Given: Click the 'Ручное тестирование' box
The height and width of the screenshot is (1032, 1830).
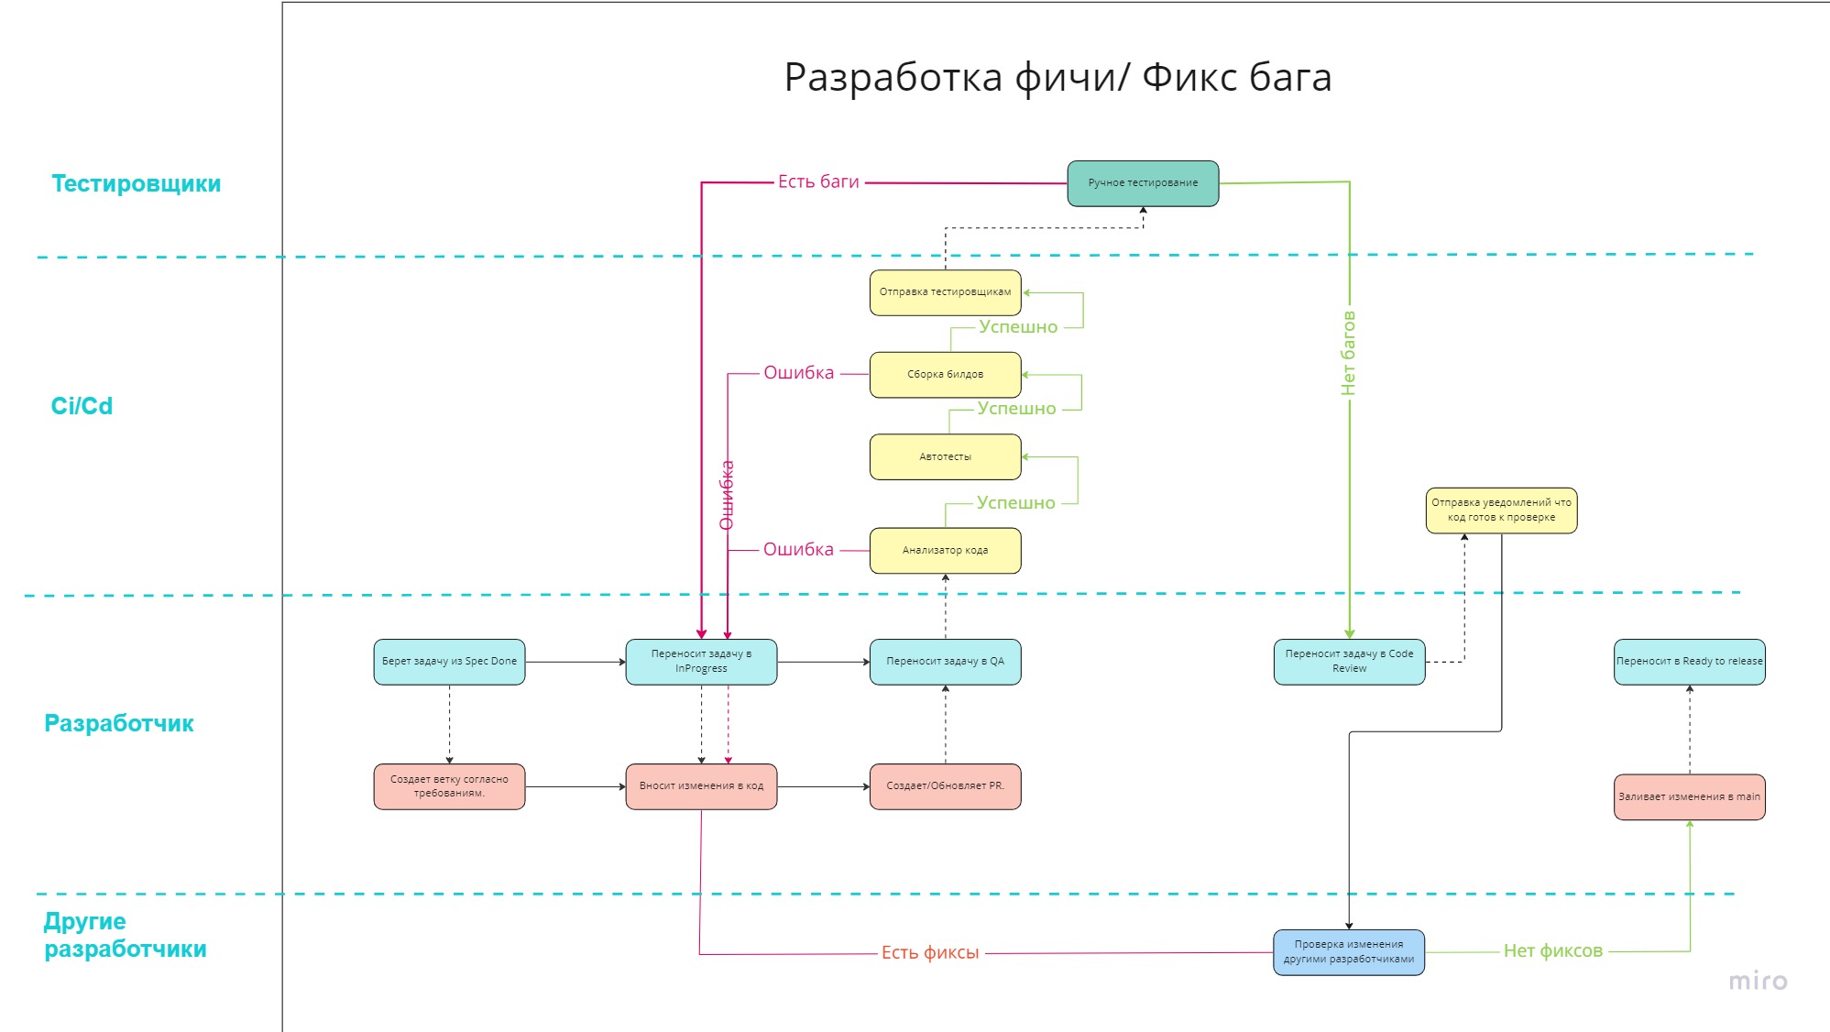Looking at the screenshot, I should [1143, 183].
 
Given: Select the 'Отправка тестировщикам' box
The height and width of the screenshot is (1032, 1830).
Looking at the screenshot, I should [945, 292].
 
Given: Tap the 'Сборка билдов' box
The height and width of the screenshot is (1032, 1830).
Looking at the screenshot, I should [945, 375].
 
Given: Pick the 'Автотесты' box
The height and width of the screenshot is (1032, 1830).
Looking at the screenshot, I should [945, 456].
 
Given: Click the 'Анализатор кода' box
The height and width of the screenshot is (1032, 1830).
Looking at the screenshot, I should [945, 551].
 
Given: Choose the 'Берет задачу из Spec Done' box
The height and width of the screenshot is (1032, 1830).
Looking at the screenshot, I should [449, 662].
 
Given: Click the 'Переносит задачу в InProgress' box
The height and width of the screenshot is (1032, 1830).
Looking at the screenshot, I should [701, 662].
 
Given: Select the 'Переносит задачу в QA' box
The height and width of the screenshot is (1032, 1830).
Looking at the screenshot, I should [945, 662].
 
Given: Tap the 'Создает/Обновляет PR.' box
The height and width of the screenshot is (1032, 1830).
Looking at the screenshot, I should [945, 786].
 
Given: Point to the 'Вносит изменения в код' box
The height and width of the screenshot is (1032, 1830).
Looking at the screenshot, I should [701, 786].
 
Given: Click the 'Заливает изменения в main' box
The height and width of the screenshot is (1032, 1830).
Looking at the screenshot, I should [1689, 797].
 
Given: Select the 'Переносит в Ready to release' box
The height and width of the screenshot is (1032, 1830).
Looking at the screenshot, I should [1689, 662].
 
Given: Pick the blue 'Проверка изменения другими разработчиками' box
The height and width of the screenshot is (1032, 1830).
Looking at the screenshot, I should [1348, 952].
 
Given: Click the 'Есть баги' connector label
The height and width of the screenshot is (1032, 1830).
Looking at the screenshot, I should [818, 182].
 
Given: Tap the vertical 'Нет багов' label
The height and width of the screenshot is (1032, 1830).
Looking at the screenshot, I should [1348, 354].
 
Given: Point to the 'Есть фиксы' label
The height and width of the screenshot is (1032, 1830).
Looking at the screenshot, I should [930, 953].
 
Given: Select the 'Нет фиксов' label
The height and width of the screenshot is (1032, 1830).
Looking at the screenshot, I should [1552, 951].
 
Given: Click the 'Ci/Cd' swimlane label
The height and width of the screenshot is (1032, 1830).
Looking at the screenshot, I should [82, 406].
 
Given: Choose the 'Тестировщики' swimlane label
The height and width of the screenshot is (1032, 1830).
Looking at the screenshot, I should [136, 184].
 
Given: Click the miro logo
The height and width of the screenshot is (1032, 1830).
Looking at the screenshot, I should [1758, 982].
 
